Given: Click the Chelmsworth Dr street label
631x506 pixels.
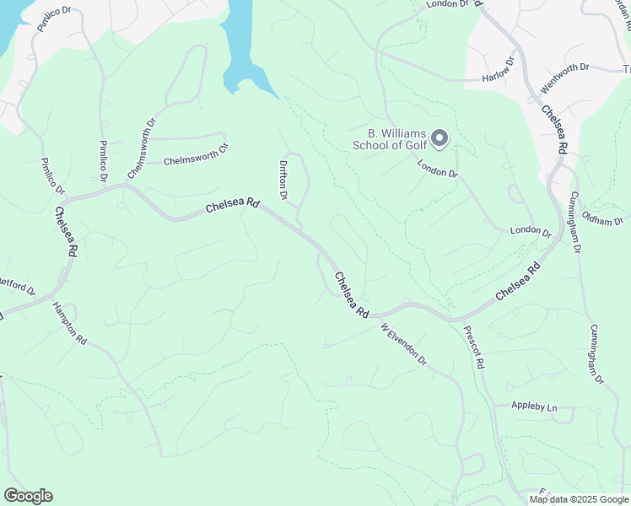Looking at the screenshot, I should pos(142,148).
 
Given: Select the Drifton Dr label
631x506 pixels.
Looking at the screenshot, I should pos(283,180).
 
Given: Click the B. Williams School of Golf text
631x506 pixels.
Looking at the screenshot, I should pos(393,139).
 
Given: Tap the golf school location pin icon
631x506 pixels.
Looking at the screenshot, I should pos(439,137).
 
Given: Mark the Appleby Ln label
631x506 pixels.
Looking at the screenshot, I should pos(534,407).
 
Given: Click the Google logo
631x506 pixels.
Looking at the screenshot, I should pos(28,496).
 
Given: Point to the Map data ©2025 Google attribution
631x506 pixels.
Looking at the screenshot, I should pos(579,499).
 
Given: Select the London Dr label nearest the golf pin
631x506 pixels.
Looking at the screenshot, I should pos(437,168).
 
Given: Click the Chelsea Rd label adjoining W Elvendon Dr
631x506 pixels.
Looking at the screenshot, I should pos(351,294).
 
